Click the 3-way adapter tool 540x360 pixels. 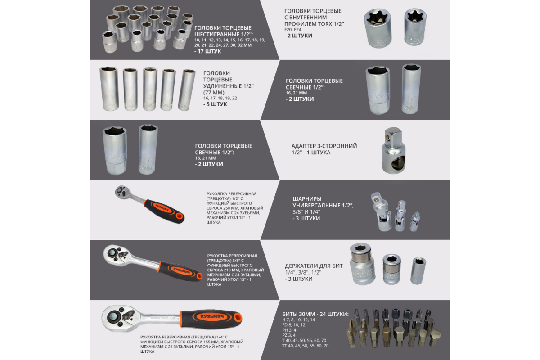(393, 150)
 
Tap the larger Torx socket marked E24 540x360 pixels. (378, 28)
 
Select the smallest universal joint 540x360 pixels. (414, 221)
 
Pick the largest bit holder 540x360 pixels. (362, 264)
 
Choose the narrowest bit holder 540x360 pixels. (418, 271)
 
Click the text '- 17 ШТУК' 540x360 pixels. (207, 51)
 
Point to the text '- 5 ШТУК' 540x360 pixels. (215, 104)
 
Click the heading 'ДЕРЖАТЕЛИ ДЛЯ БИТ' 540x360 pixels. (314, 266)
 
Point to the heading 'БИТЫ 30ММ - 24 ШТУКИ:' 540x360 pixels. (315, 314)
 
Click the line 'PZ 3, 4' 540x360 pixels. (289, 335)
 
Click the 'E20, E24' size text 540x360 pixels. (293, 30)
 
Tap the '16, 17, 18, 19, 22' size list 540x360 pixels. (220, 98)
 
